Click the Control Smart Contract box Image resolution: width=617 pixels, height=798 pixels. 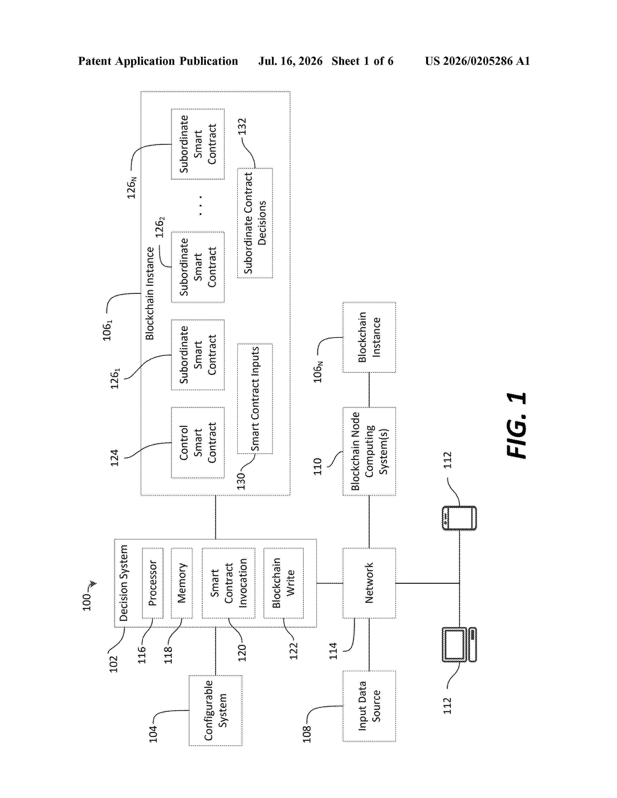198,443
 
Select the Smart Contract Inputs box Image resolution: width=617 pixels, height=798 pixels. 255,399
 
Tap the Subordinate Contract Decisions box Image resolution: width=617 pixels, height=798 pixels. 255,223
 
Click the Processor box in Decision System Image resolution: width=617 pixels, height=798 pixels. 152,583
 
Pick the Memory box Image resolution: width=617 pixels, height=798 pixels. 182,583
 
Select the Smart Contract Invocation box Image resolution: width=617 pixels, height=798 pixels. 228,583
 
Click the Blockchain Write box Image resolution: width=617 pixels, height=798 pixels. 284,583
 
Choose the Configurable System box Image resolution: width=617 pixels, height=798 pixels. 215,710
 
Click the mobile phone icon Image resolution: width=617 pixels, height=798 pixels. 459,518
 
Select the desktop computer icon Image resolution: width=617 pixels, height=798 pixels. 459,644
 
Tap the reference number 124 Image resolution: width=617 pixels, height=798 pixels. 114,458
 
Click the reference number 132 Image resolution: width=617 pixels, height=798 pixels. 242,126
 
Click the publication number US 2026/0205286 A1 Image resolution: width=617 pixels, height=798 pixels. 477,61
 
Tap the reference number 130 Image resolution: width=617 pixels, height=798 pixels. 241,481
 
